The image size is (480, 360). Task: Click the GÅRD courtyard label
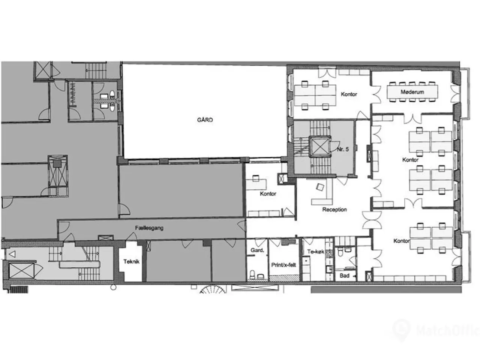(x=205, y=120)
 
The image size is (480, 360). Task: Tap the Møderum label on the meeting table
(x=412, y=92)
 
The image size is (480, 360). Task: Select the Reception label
(x=334, y=209)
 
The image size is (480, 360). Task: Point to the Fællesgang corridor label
(x=149, y=228)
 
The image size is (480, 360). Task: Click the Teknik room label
(x=131, y=261)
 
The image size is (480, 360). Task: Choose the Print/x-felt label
(x=283, y=265)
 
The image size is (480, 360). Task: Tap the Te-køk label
(x=315, y=252)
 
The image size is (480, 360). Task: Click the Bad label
(x=344, y=276)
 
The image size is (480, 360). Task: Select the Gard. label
(x=257, y=250)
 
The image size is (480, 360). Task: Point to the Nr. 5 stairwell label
(x=343, y=149)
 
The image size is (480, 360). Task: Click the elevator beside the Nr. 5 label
(x=319, y=146)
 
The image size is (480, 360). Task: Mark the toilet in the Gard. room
(x=252, y=275)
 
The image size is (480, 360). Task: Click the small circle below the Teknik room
(x=113, y=287)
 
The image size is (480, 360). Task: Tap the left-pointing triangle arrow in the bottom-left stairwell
(x=12, y=254)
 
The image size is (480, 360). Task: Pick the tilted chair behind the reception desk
(x=320, y=187)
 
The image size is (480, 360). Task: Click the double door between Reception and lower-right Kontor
(x=372, y=220)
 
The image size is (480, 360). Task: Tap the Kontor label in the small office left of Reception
(x=268, y=193)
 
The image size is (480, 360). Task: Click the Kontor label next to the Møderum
(x=349, y=94)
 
